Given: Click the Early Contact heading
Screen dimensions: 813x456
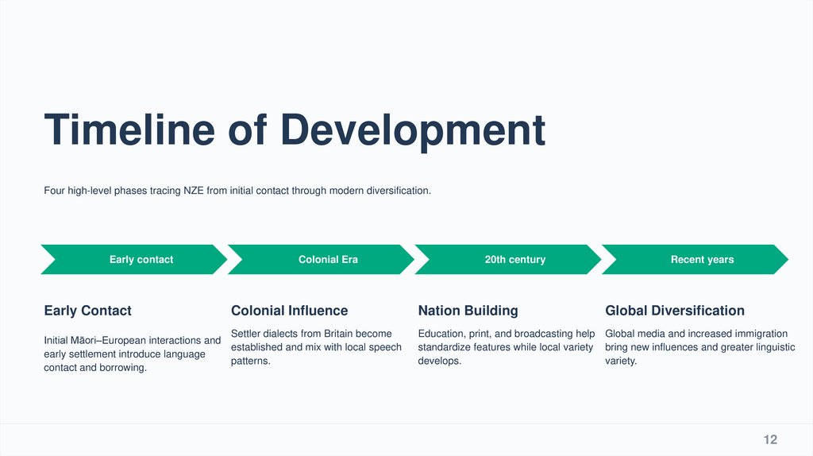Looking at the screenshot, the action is click(x=87, y=311).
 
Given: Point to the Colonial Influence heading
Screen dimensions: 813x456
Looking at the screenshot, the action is click(x=289, y=311).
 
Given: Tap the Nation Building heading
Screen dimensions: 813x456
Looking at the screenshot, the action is click(x=468, y=311).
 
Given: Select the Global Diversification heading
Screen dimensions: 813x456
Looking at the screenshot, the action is click(x=674, y=311).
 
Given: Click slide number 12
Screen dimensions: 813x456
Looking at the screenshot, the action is click(x=770, y=440).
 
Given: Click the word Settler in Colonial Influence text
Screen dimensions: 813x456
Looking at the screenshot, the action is click(x=245, y=334).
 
